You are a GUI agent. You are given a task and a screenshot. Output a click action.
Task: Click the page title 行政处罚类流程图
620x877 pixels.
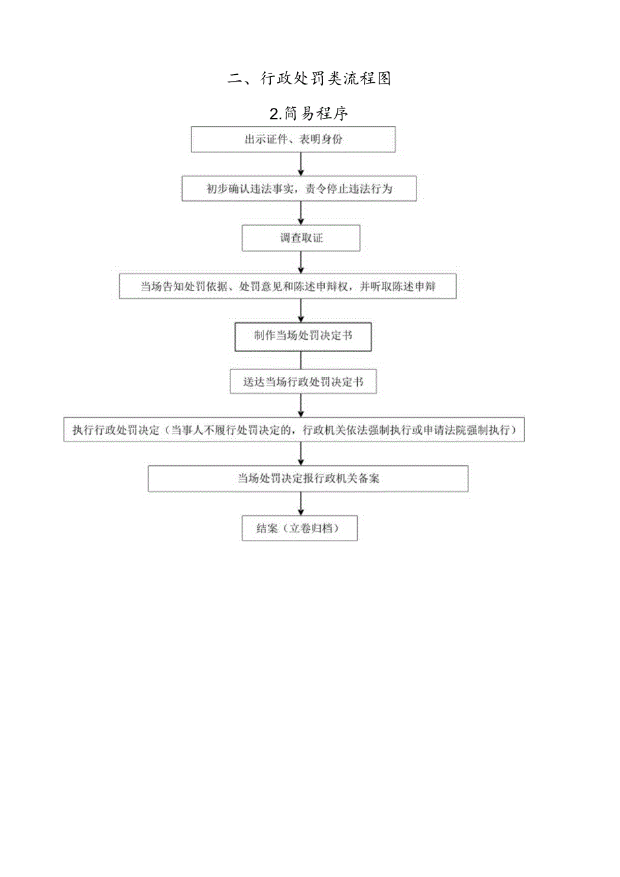pyautogui.click(x=310, y=79)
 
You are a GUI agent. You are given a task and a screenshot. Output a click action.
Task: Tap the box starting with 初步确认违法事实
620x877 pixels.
pyautogui.click(x=299, y=189)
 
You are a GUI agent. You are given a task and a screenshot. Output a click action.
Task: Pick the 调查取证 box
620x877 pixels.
pyautogui.click(x=301, y=238)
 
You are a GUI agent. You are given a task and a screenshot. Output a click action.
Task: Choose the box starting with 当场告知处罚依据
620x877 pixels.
pyautogui.click(x=288, y=286)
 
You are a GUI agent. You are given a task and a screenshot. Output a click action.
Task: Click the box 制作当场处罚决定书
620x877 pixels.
pyautogui.click(x=303, y=336)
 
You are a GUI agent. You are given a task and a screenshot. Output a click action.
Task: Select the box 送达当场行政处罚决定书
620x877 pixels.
pyautogui.click(x=303, y=382)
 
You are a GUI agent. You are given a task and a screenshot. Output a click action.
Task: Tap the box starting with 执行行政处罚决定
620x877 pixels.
pyautogui.click(x=294, y=429)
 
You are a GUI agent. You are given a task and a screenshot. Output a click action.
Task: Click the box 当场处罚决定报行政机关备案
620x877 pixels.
pyautogui.click(x=308, y=478)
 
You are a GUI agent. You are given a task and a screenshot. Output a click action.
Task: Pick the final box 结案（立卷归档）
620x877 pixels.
pyautogui.click(x=299, y=528)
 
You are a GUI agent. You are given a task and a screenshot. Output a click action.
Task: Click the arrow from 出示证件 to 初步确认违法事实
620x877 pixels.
pyautogui.click(x=301, y=164)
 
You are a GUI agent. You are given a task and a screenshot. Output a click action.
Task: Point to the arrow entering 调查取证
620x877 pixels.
pyautogui.click(x=301, y=214)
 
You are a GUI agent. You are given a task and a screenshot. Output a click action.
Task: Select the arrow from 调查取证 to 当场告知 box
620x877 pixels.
pyautogui.click(x=301, y=262)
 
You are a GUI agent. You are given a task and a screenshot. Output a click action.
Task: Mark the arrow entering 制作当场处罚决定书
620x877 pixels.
pyautogui.click(x=301, y=311)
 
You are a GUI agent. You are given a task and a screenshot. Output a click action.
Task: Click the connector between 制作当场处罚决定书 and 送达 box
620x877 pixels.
pyautogui.click(x=301, y=360)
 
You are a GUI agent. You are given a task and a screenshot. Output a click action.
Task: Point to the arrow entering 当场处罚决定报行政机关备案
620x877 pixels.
pyautogui.click(x=301, y=454)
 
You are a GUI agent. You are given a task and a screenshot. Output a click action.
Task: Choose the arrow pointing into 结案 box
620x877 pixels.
pyautogui.click(x=301, y=504)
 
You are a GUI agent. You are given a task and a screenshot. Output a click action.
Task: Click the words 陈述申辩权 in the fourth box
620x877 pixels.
pyautogui.click(x=329, y=286)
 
